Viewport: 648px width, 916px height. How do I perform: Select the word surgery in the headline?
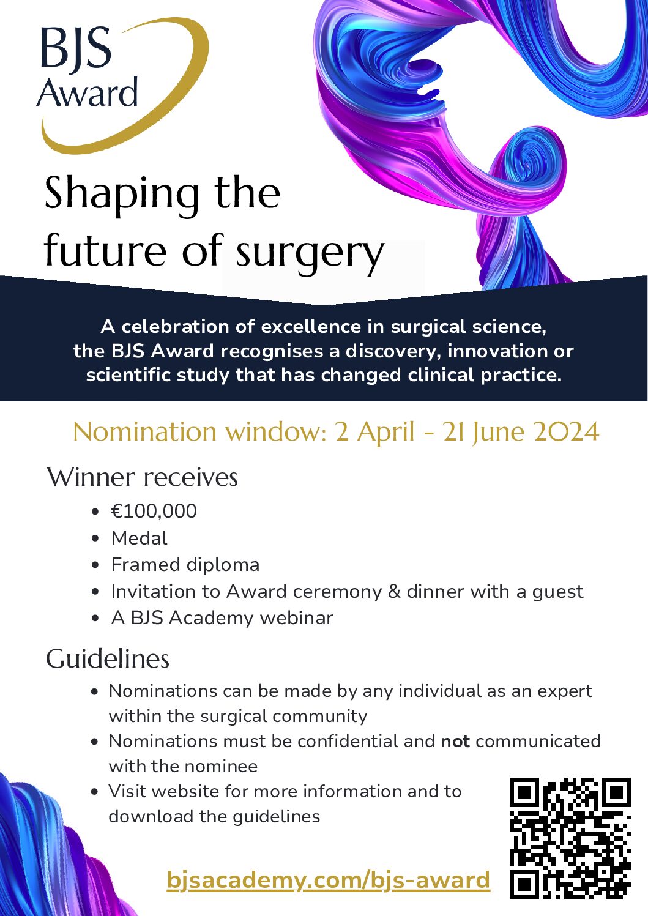(x=310, y=253)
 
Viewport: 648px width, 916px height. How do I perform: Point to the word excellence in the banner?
(x=311, y=327)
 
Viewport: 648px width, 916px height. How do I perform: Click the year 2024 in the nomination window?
(x=566, y=432)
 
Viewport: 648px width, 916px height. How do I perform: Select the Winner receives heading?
(x=143, y=477)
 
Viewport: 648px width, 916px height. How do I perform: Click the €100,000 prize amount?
(x=154, y=511)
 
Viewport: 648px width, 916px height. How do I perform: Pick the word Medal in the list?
(x=139, y=538)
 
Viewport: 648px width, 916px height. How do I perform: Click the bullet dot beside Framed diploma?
(x=95, y=565)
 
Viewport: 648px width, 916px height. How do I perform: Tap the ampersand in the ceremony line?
(x=394, y=592)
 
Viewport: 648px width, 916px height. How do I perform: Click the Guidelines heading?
(x=108, y=659)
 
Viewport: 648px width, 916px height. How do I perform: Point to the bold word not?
(x=455, y=742)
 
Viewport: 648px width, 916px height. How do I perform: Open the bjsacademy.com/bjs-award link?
(x=329, y=880)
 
